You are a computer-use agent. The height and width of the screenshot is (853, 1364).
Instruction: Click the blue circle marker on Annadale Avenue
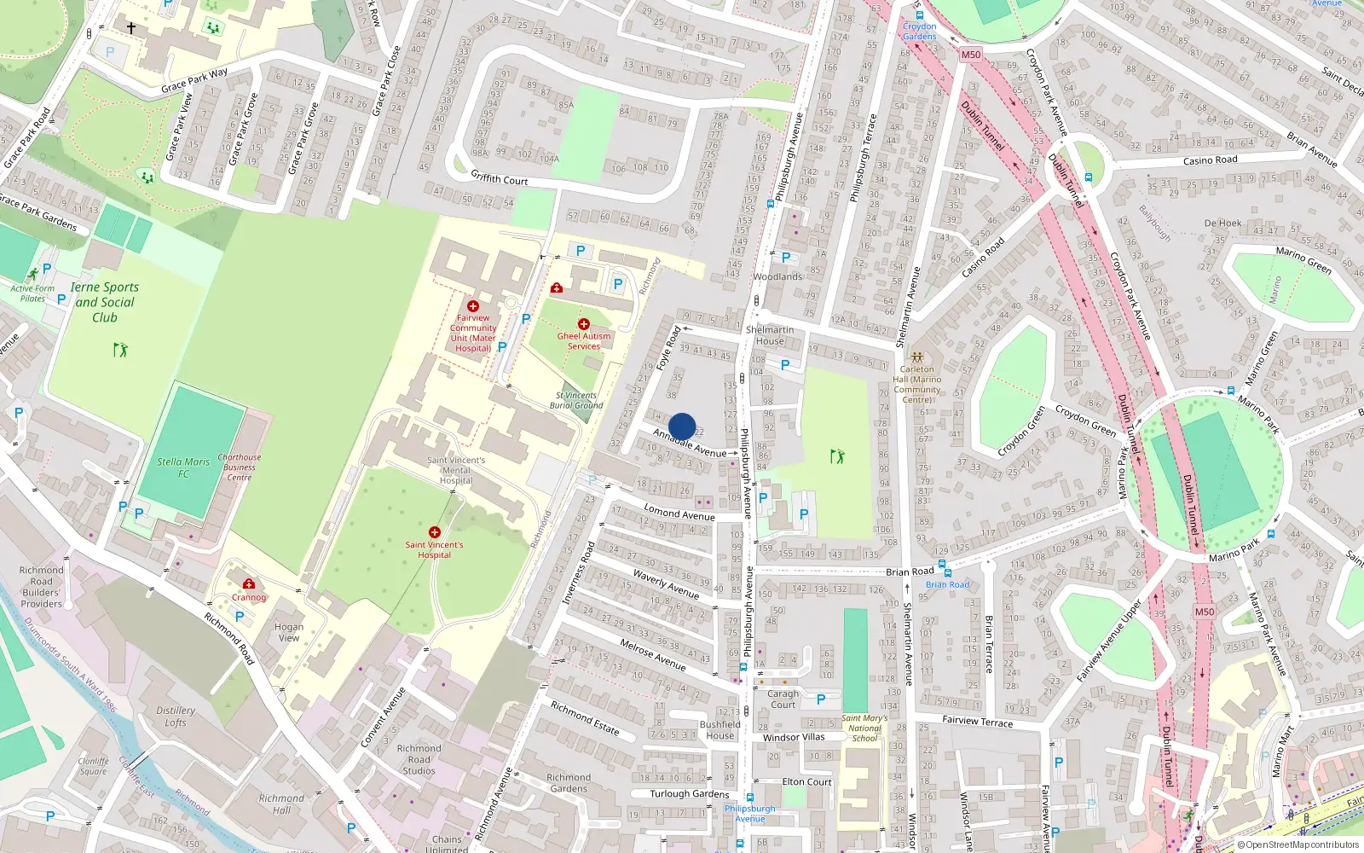click(x=682, y=426)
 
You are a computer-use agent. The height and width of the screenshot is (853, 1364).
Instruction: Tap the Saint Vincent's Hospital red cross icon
click(x=435, y=532)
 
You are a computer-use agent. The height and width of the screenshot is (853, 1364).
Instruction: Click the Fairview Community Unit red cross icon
click(x=473, y=306)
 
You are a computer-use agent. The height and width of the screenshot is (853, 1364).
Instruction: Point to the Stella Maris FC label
click(x=183, y=467)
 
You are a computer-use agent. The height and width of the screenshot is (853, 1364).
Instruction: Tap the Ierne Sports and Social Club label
click(x=105, y=302)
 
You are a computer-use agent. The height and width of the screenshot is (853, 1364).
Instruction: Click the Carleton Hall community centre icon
click(x=916, y=357)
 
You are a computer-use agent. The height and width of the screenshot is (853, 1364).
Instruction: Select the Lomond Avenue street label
click(x=679, y=513)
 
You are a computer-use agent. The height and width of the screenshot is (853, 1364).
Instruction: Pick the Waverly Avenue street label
click(x=666, y=583)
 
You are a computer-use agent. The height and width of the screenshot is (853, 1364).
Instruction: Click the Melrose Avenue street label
click(x=653, y=654)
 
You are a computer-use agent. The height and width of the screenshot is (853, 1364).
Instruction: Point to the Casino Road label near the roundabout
click(x=1210, y=160)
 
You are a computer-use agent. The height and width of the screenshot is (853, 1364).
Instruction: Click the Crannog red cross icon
click(x=249, y=583)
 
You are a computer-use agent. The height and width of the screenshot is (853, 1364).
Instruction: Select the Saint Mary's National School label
click(x=864, y=728)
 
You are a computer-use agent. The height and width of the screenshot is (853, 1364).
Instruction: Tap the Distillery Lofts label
click(x=176, y=717)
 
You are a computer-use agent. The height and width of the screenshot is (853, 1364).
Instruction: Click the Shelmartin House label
click(x=770, y=335)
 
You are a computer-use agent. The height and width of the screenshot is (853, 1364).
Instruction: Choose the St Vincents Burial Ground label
click(x=576, y=400)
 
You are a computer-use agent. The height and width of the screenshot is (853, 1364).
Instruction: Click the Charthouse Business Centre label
click(x=240, y=467)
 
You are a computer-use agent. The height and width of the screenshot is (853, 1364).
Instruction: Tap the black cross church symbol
click(x=131, y=28)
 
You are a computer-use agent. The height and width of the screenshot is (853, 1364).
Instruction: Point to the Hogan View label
click(x=289, y=632)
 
